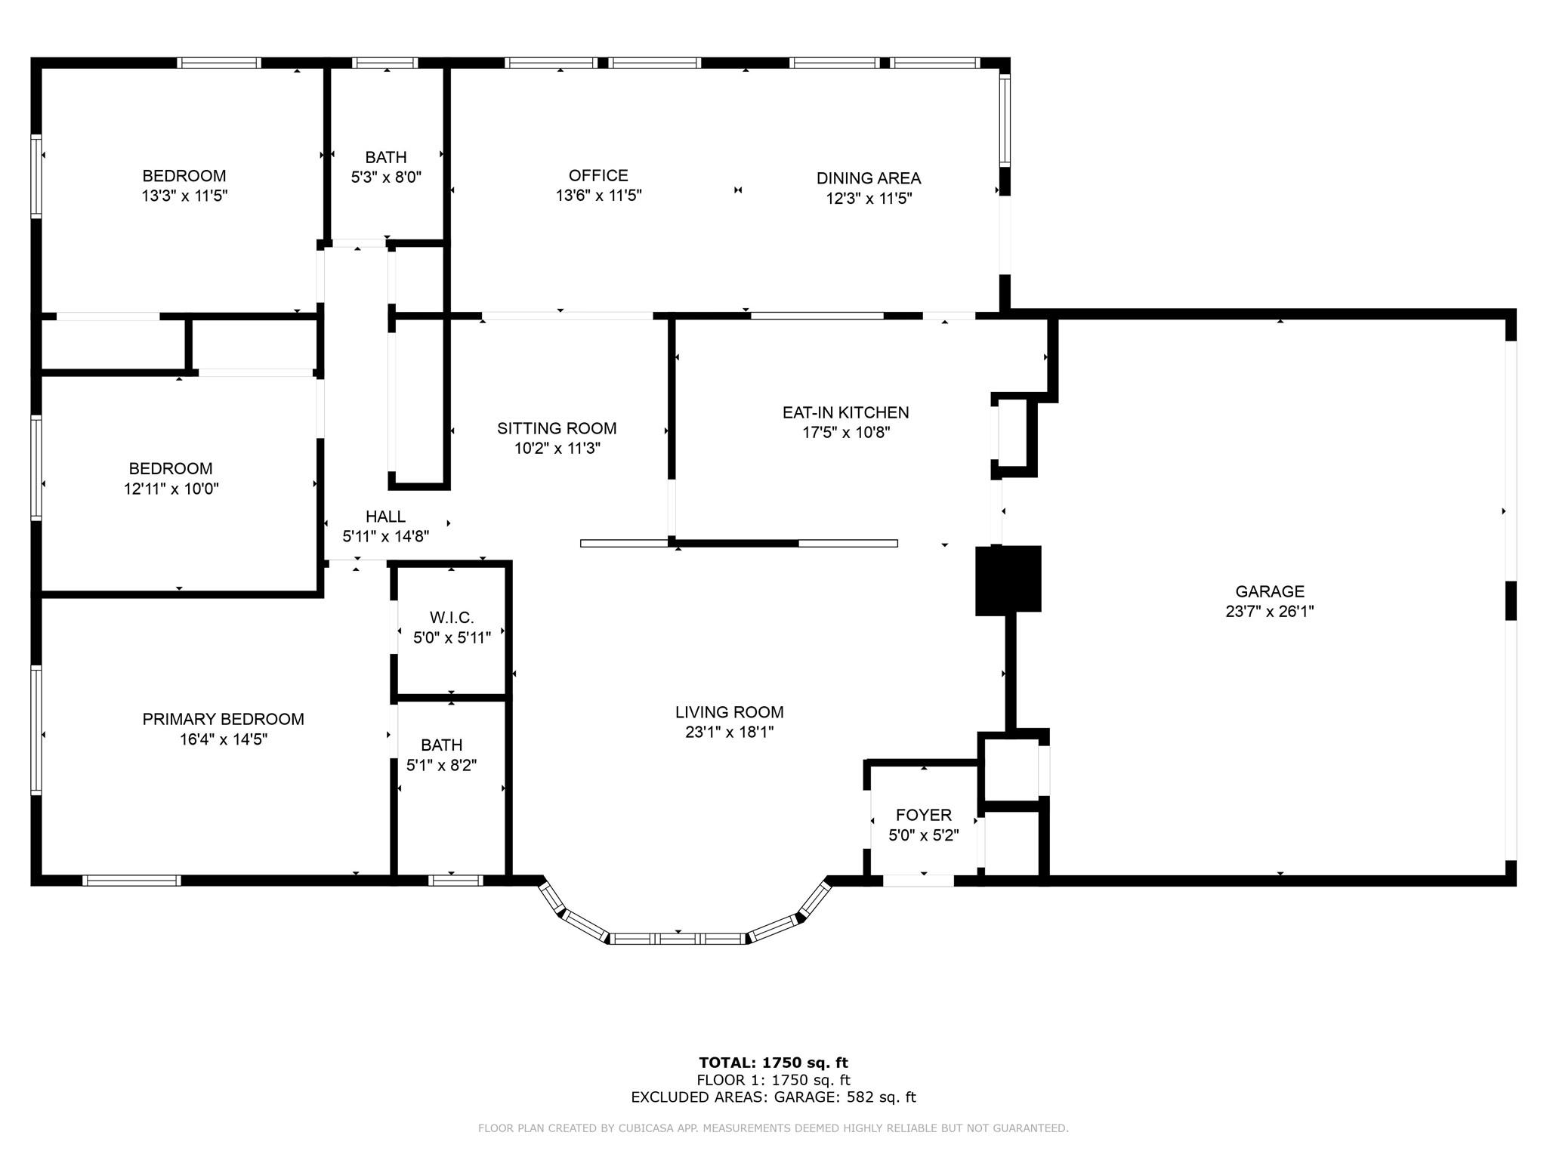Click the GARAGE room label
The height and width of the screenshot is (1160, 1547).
click(1270, 591)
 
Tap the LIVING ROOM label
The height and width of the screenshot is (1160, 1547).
click(729, 712)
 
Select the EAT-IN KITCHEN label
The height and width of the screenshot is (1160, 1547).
click(845, 412)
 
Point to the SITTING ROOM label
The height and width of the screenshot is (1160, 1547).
click(557, 428)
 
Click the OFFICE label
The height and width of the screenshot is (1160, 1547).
click(598, 175)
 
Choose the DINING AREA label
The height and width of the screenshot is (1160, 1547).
click(869, 178)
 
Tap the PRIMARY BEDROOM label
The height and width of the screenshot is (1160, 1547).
click(224, 719)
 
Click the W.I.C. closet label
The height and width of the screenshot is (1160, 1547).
click(452, 618)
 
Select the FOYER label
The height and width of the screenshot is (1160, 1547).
click(924, 815)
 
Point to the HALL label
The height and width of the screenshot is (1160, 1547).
click(385, 517)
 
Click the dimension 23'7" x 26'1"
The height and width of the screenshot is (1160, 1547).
click(1270, 612)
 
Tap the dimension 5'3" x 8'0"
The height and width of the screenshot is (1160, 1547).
click(386, 177)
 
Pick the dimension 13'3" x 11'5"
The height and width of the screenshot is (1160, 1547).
click(184, 196)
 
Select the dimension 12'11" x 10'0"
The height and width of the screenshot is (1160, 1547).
click(171, 489)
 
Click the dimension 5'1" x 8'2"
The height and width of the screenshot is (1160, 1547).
click(442, 765)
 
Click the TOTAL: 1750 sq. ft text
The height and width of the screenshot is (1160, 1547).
click(773, 1063)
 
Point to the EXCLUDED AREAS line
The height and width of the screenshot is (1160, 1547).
click(773, 1097)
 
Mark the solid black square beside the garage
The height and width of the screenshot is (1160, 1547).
click(1008, 579)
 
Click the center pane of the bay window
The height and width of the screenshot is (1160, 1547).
click(678, 939)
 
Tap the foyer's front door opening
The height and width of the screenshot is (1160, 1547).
click(919, 880)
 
